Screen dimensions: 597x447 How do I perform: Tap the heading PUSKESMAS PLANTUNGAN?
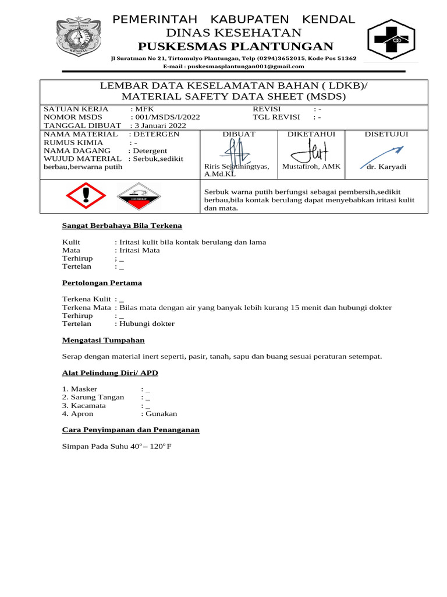235,47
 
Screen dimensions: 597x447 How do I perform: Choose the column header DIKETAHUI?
311,134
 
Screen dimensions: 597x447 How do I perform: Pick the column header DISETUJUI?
386,134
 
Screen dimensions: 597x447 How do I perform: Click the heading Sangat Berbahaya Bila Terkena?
122,226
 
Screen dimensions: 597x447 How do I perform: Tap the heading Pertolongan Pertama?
102,283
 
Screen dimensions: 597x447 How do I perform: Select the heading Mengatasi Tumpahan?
104,340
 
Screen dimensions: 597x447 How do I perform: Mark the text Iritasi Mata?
139,250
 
